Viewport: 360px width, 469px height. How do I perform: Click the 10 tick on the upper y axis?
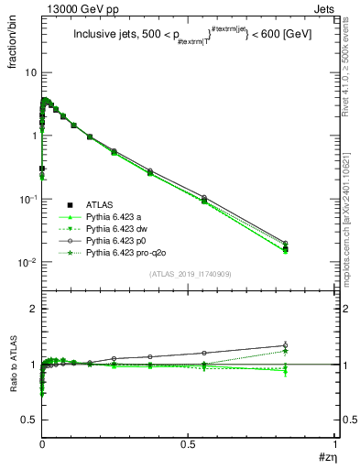(29, 72)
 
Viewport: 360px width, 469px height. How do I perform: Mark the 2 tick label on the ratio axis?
(32, 309)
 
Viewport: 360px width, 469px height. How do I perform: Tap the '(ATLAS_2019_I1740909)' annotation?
(187, 274)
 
